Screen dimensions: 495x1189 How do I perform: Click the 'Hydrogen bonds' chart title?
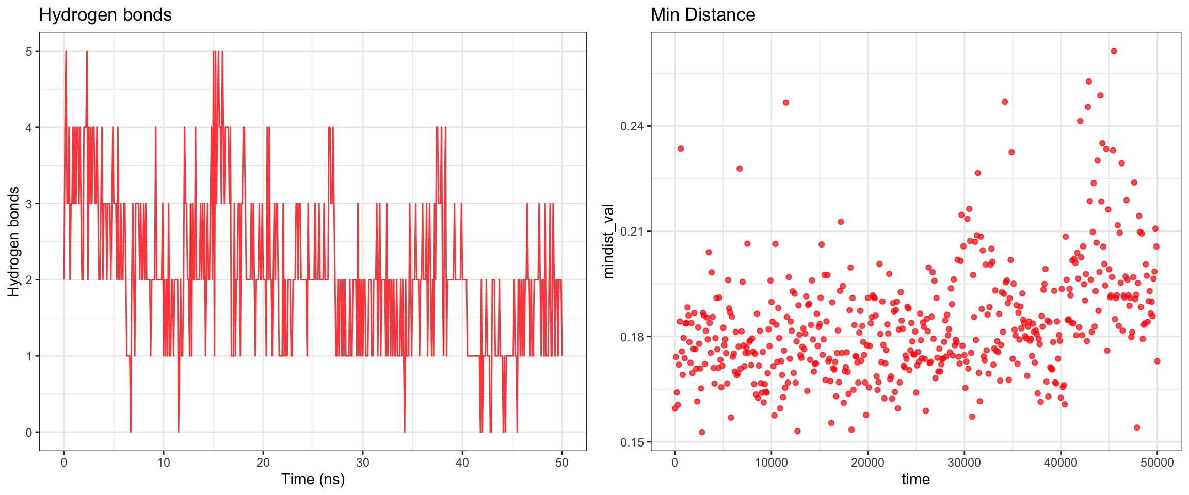105,15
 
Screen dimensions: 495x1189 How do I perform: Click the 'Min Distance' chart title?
703,15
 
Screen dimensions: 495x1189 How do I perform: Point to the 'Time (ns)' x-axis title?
313,479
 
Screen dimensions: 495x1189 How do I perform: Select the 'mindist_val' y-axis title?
609,241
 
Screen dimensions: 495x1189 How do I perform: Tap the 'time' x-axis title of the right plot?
915,479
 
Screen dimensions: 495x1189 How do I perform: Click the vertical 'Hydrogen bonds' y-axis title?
14,241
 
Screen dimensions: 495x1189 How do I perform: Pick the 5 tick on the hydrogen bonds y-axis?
29,52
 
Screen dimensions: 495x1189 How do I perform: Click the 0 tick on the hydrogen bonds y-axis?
29,433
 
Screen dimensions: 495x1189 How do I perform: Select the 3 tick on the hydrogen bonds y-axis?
29,204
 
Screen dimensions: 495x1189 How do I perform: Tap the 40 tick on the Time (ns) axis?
462,463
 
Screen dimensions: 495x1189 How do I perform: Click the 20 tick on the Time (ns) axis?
263,463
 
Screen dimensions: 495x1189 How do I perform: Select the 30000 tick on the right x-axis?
964,463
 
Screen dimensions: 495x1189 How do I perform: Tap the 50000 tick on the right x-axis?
1157,463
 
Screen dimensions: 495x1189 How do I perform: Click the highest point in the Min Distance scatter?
1114,51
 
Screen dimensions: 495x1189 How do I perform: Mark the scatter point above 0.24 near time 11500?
786,102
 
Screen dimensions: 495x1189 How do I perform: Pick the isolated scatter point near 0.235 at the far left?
681,148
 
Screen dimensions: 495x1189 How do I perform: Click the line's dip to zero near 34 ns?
405,431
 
